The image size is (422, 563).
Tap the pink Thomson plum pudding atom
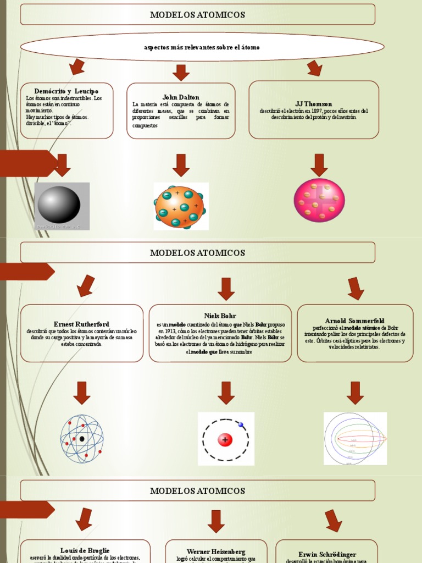coord(319,200)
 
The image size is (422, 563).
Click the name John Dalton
coord(181,97)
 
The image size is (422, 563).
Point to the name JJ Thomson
coord(314,103)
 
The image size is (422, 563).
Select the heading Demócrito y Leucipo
coord(66,91)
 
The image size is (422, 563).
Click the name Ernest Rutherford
coord(81,324)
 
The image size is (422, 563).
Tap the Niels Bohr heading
coord(220,316)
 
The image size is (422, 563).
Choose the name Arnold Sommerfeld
coord(355,321)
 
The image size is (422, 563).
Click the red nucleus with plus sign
coord(225,439)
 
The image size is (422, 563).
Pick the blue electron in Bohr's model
coord(240,424)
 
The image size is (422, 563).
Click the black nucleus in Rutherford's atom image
coord(82,439)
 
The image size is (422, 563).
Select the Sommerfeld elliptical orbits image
coord(355,439)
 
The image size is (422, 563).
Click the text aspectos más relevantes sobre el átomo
coord(202,47)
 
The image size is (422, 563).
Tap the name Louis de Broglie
coord(85,550)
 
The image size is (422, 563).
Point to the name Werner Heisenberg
coord(216,551)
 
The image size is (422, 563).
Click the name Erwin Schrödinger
coord(327,554)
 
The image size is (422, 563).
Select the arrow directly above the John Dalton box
coord(181,72)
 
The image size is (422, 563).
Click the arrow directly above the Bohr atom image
coord(226,393)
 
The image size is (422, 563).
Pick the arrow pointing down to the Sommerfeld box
coord(356,288)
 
